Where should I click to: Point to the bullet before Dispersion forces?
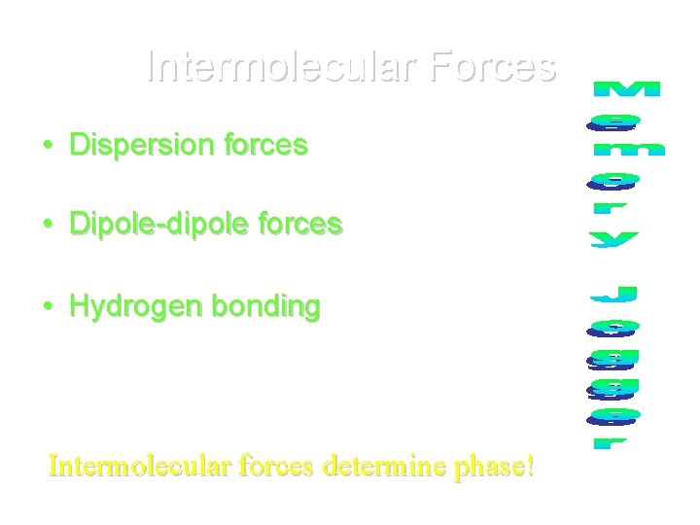48,147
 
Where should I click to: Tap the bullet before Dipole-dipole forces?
48,226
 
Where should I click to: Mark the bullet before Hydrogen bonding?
48,307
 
